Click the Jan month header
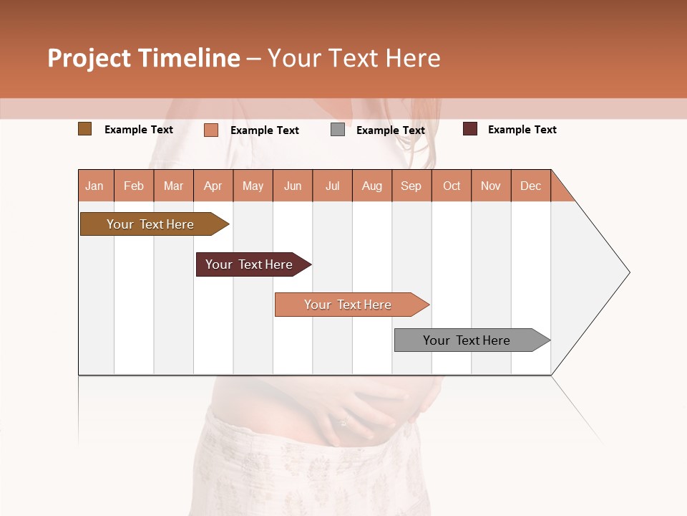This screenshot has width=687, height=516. (x=95, y=186)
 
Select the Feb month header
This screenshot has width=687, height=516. (x=134, y=186)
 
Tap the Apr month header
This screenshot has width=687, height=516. (x=213, y=186)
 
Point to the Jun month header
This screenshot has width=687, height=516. (x=293, y=186)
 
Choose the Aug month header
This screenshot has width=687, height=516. (x=372, y=186)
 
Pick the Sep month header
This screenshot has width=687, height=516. (x=411, y=186)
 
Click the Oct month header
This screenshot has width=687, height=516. (x=452, y=186)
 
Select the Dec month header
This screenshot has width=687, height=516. (x=531, y=186)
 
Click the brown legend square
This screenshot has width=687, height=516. (x=84, y=129)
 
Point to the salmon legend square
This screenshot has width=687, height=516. (x=210, y=130)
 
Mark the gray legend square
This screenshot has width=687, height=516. (x=338, y=130)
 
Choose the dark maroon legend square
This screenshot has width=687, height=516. (x=469, y=129)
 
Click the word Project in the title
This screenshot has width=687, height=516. (x=89, y=58)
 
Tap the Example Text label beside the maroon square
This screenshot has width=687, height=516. (x=522, y=130)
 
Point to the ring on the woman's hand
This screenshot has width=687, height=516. (x=344, y=421)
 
